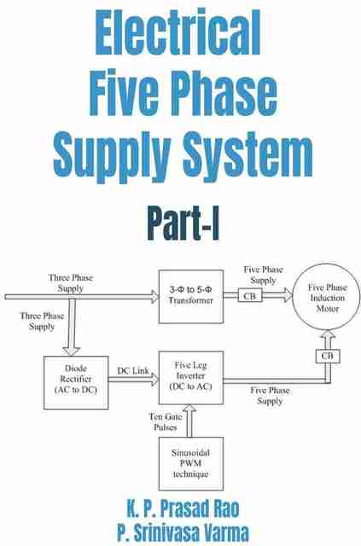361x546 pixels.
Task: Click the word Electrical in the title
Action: pos(178,32)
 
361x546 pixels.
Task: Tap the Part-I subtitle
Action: pos(183,224)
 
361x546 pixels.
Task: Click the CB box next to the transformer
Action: pos(250,296)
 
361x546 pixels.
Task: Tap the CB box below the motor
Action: pos(328,357)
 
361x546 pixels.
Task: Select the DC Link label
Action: pos(133,371)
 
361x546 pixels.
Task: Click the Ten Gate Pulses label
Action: pos(166,421)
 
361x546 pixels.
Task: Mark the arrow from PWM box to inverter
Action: pos(189,421)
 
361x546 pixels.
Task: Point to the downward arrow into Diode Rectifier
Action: pos(72,327)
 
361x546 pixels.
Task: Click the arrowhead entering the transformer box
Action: pos(155,297)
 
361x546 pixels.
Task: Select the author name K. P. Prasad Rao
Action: pos(183,508)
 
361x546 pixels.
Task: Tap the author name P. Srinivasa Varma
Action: pos(183,532)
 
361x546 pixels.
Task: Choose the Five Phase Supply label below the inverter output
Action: pos(270,396)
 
